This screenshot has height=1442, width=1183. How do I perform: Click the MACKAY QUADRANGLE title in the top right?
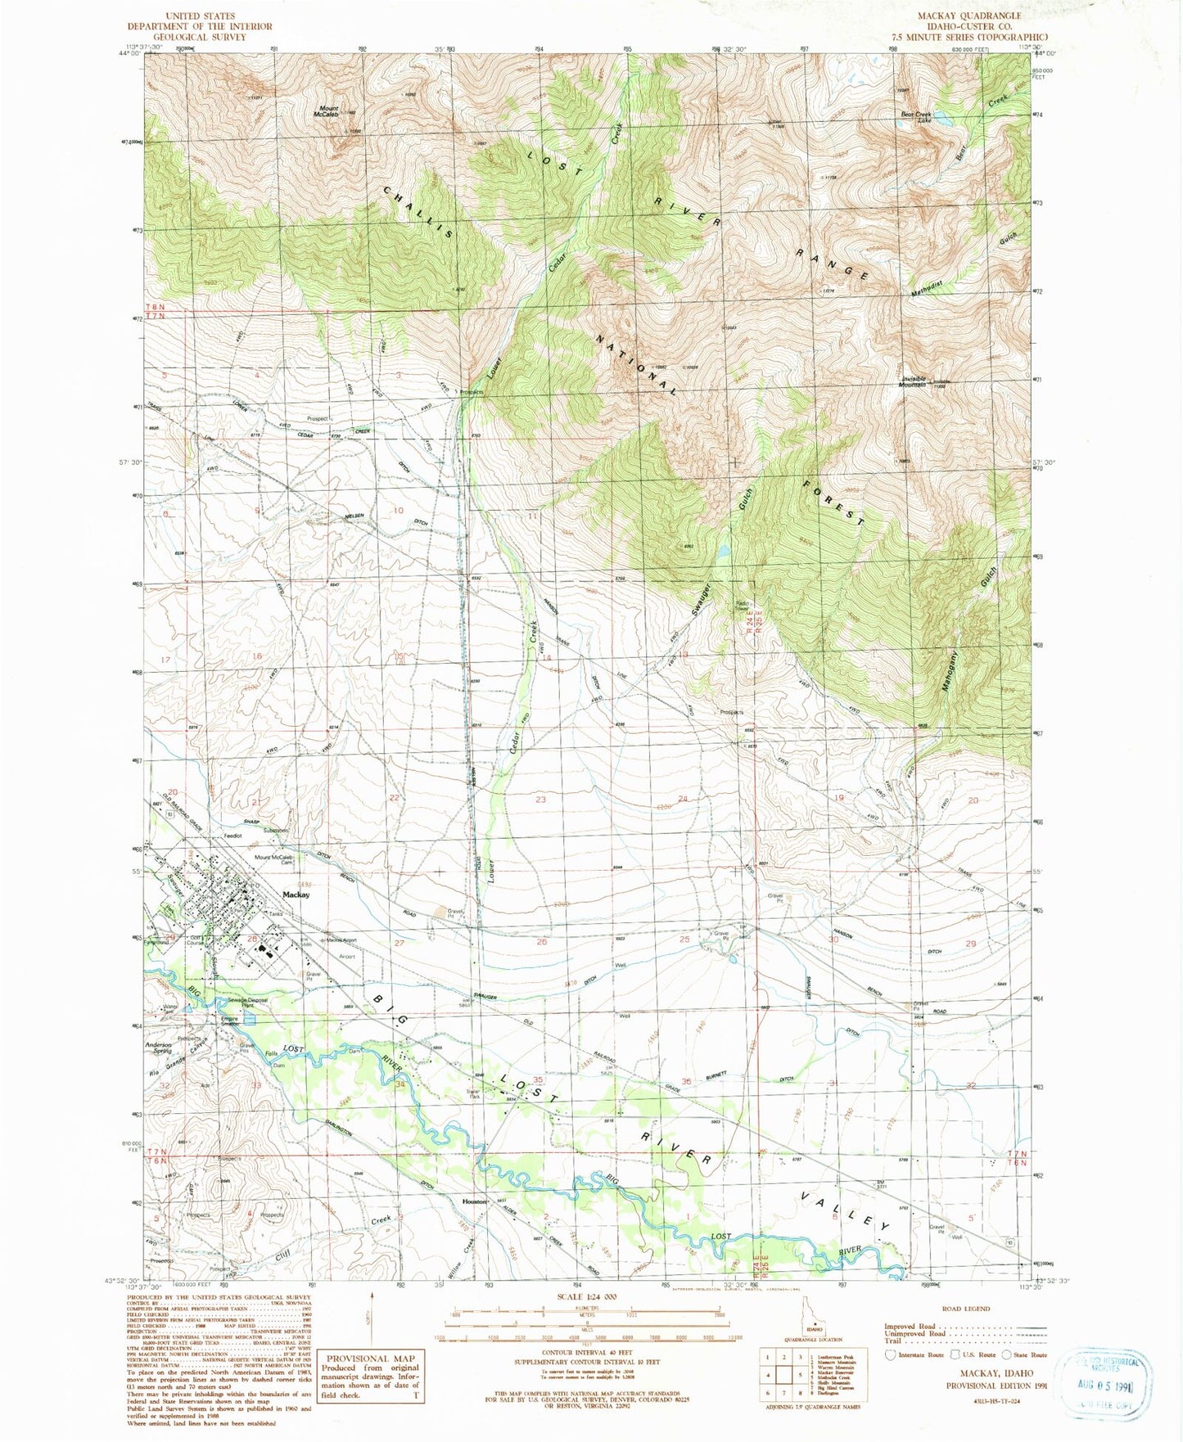(970, 16)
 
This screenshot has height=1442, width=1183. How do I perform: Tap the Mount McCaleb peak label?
(328, 112)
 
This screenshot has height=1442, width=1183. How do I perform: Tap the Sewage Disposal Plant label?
(247, 1003)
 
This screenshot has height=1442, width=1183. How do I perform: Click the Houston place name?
(475, 1201)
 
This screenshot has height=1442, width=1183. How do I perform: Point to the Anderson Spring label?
(159, 1048)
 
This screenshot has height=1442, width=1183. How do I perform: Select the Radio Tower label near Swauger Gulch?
(740, 606)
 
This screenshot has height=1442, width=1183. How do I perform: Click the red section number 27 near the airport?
(399, 943)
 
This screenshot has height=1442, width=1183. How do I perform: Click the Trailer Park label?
(473, 1094)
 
